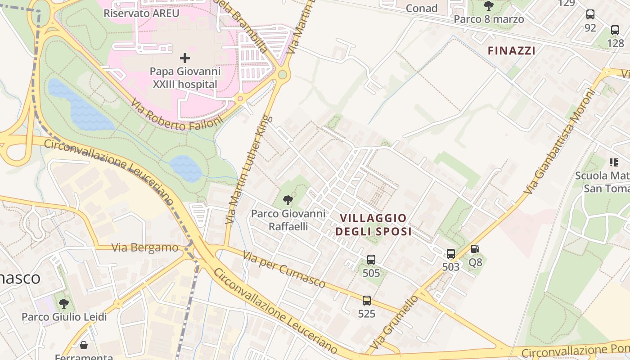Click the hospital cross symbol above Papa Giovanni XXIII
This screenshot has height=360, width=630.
185,58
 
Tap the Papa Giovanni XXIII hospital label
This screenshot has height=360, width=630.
185,78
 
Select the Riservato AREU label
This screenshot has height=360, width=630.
141,13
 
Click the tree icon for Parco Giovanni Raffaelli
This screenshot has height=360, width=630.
288,200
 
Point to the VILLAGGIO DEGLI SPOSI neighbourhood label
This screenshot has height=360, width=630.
373,225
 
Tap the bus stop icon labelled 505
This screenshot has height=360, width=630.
371,260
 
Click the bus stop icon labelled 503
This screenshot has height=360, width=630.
451,254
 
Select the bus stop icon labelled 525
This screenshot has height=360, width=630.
367,301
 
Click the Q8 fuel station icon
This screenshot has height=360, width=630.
475,249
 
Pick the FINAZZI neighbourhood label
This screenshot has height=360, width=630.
512,51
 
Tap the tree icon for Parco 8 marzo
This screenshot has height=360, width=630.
489,6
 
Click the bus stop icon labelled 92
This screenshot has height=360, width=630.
590,14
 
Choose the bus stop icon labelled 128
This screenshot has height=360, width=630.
615,30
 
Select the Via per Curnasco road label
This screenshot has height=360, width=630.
284,269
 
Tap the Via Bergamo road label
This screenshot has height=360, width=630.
145,247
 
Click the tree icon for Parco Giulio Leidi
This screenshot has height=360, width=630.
64,303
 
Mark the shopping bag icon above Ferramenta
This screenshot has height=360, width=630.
84,345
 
